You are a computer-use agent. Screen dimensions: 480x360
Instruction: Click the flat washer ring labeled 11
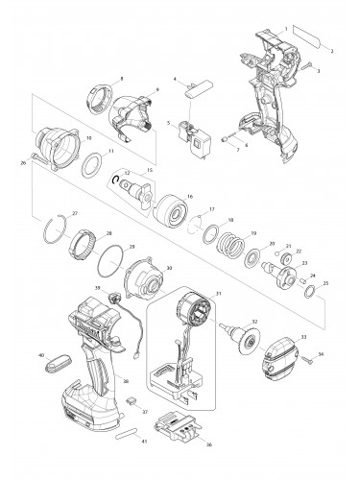tap(97, 159)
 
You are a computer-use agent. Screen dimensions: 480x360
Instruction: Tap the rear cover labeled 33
tap(292, 359)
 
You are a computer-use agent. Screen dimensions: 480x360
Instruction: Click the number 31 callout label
tap(218, 295)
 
